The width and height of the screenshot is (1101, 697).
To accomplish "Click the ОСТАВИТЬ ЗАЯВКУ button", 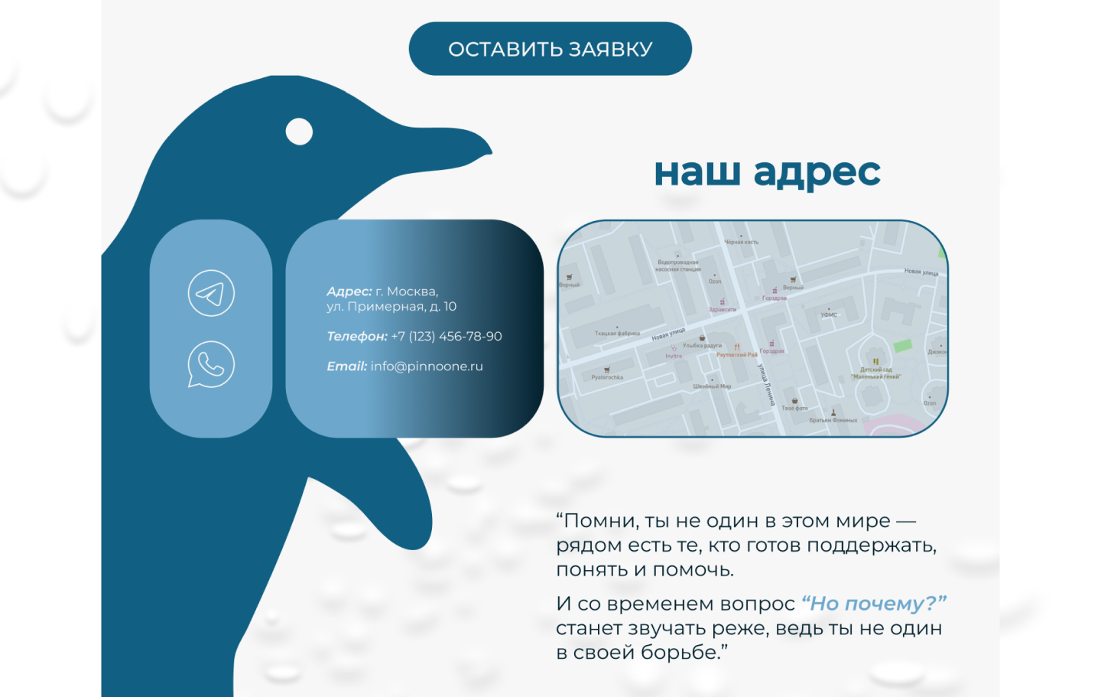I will (550, 49).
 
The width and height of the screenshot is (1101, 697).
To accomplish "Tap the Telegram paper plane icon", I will (211, 293).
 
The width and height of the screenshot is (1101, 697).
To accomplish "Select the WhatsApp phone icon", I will (211, 364).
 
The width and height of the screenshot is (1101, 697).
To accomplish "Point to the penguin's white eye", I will (299, 132).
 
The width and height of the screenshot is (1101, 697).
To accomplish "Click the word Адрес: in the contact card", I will (349, 292).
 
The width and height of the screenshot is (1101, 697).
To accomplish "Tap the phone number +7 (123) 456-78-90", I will (447, 337).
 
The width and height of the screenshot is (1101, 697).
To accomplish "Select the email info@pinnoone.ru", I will (427, 366).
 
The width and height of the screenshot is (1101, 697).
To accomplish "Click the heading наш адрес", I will (767, 173).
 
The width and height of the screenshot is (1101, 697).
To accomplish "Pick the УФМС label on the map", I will (829, 315).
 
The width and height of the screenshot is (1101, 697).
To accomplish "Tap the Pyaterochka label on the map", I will (607, 377).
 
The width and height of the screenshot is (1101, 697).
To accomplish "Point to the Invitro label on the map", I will (674, 357).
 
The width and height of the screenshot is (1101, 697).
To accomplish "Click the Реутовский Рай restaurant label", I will (736, 355).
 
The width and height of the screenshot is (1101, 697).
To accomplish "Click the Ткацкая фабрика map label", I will (617, 334).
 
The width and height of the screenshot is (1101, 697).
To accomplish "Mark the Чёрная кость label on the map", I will (741, 243).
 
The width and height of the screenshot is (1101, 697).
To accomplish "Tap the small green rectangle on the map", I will (903, 345).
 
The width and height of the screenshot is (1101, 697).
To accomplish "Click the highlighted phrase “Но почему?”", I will (873, 604).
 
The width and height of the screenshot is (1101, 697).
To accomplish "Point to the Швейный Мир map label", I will (712, 386).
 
